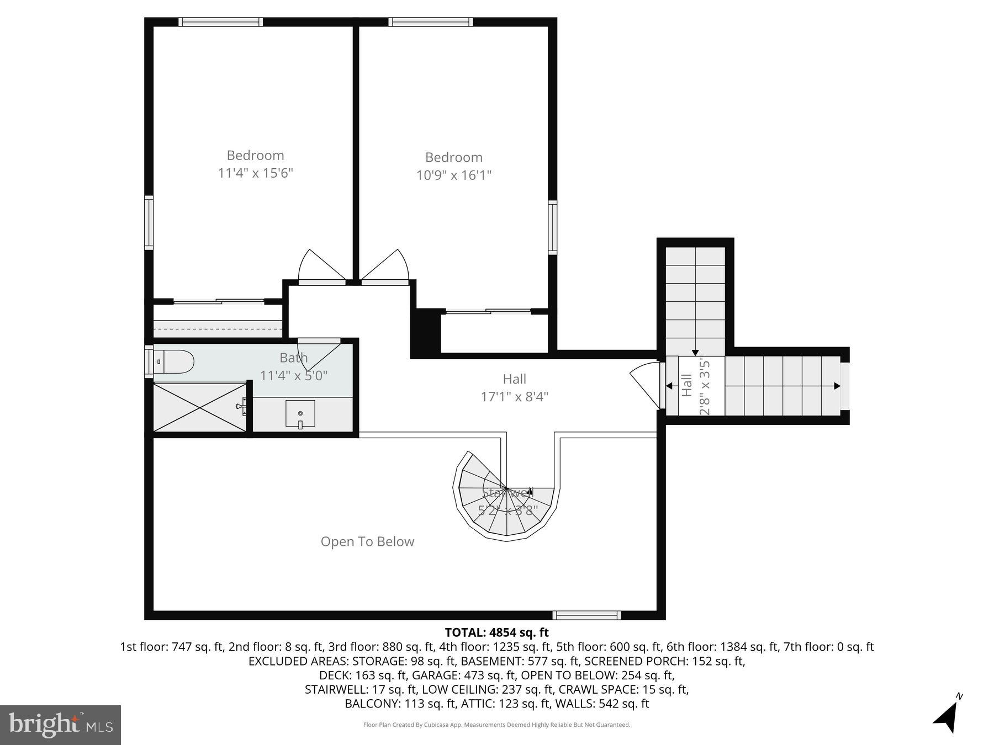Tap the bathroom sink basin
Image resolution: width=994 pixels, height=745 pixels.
(x=300, y=413)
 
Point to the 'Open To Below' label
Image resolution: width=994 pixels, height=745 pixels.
(x=367, y=541)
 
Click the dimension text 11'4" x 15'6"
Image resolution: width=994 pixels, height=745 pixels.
(x=255, y=173)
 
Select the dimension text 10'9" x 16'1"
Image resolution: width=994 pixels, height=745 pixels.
(x=454, y=175)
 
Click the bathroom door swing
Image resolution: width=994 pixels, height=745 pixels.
(x=317, y=353)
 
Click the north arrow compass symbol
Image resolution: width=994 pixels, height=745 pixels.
(x=948, y=715)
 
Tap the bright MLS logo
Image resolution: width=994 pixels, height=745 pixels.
(x=60, y=725)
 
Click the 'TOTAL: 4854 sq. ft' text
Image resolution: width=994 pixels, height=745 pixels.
(x=496, y=632)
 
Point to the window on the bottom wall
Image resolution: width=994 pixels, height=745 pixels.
(x=586, y=615)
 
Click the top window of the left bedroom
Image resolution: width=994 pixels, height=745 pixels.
(x=220, y=22)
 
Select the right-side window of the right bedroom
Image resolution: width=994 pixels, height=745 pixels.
(x=552, y=227)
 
